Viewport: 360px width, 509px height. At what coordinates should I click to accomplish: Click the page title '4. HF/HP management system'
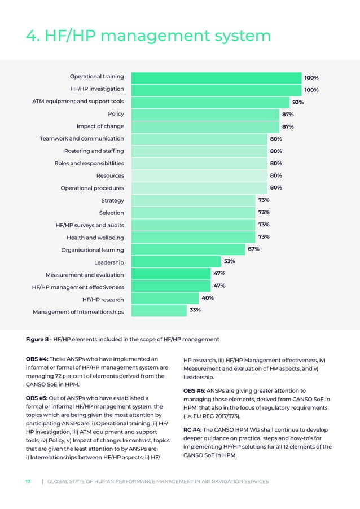click(148, 36)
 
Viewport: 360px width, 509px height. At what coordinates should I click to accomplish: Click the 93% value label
click(297, 102)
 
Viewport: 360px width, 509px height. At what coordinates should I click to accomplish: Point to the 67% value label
click(253, 249)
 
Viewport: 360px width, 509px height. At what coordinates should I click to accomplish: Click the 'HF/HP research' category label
click(103, 300)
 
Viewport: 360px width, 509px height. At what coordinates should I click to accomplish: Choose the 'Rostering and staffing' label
click(94, 151)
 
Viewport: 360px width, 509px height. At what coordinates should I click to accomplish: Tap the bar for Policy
click(205, 114)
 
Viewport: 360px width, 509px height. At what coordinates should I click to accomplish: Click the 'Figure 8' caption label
click(38, 339)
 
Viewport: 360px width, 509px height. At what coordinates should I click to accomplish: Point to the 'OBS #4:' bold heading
click(37, 359)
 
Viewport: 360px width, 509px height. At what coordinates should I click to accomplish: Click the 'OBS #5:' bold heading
click(37, 398)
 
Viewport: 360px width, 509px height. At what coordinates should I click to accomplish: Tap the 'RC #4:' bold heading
click(192, 429)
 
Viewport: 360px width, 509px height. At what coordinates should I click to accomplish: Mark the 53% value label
click(229, 261)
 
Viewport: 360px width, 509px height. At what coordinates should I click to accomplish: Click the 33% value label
click(195, 310)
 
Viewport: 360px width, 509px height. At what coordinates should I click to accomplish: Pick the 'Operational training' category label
click(96, 77)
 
